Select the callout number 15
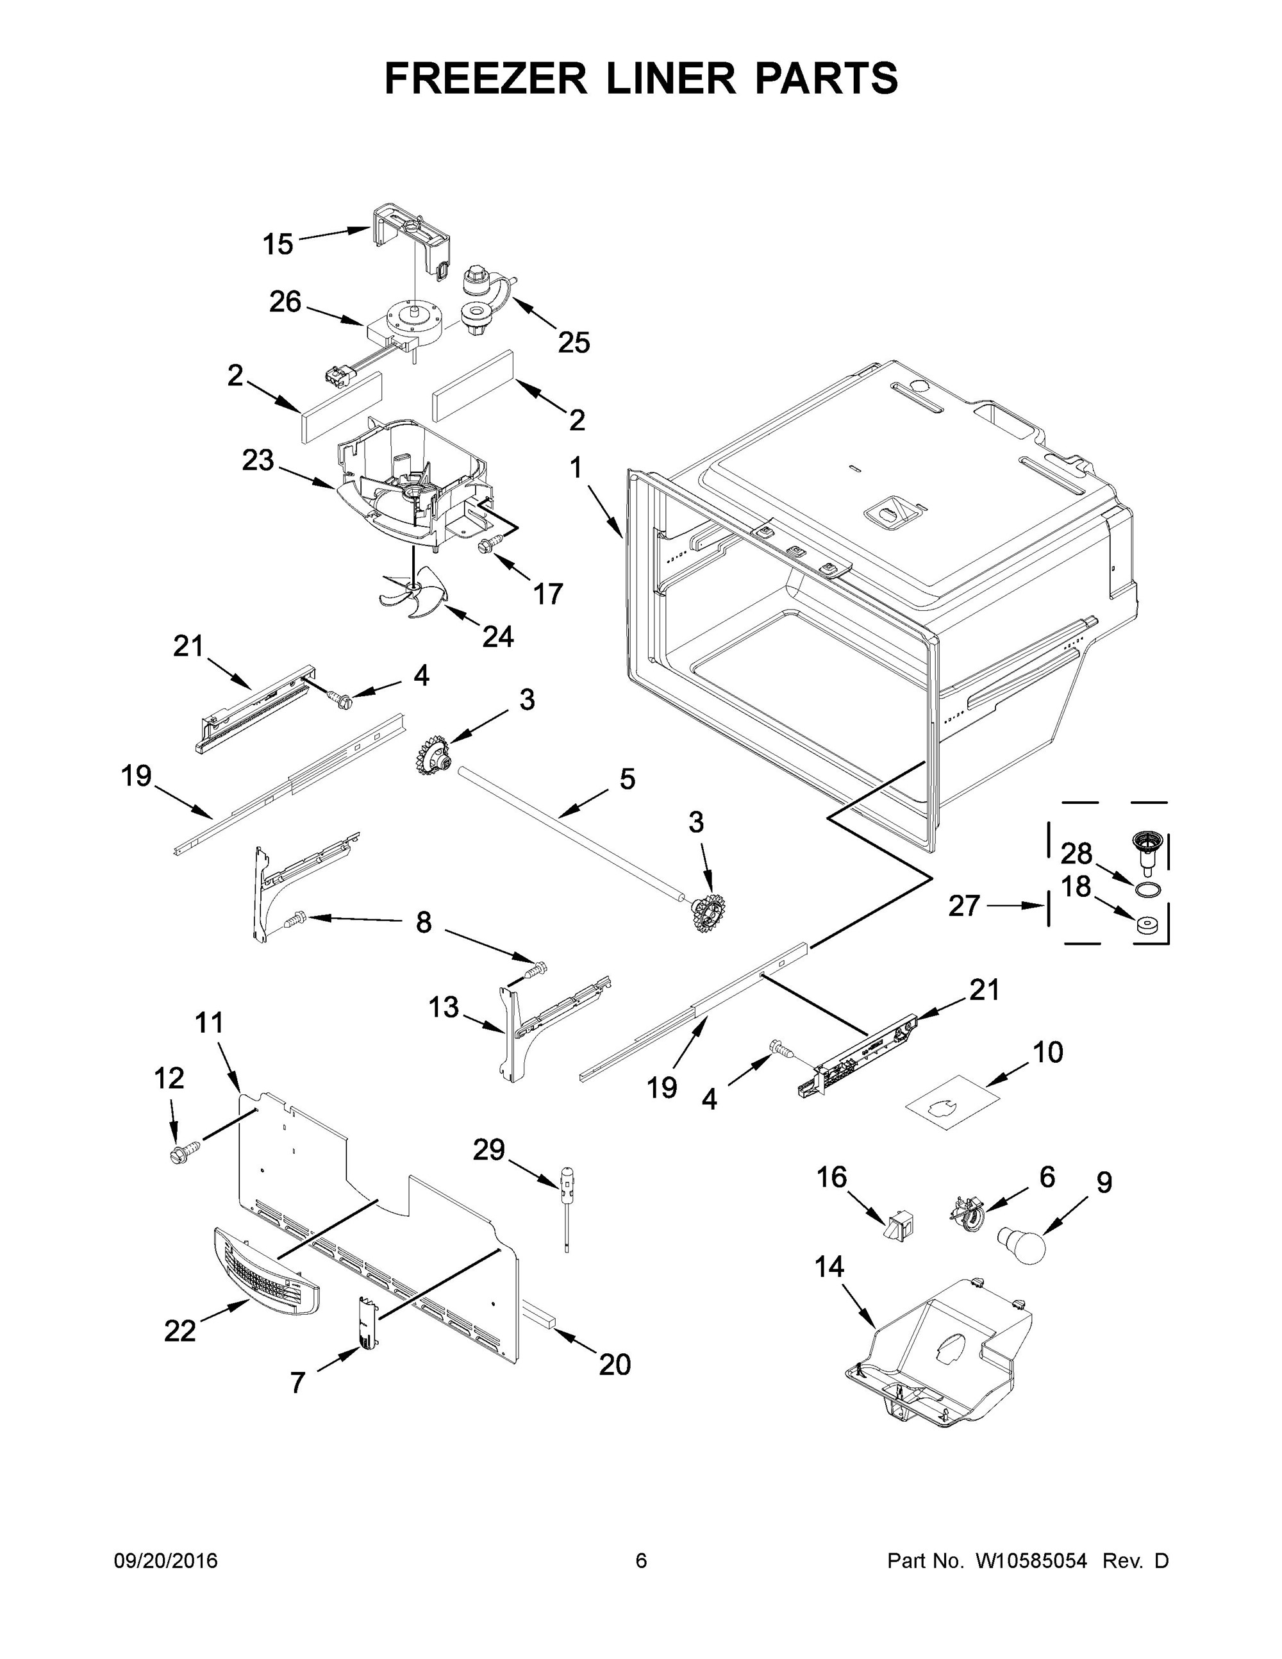(x=278, y=245)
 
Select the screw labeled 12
(x=185, y=1151)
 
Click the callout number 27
(x=964, y=905)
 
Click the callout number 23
(x=258, y=460)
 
